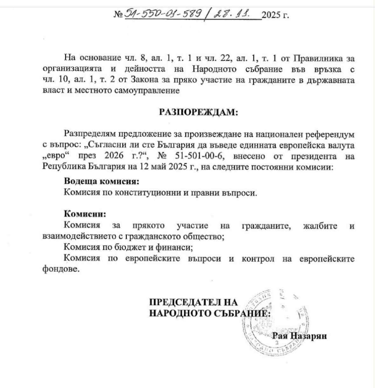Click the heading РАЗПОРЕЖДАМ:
(198, 112)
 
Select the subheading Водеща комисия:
(102, 181)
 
